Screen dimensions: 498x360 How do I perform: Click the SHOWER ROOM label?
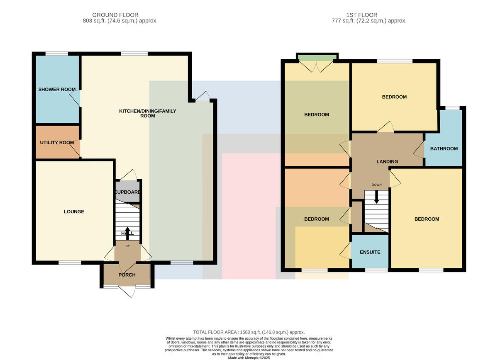[57, 89]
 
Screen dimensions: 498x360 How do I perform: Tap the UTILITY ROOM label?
[57, 142]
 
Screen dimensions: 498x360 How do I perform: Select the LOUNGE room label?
[74, 212]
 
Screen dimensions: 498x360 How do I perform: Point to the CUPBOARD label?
[128, 192]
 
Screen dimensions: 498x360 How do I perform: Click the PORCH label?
[127, 275]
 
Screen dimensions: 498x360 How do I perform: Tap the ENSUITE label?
[370, 252]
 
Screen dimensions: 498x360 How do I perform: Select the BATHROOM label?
[444, 148]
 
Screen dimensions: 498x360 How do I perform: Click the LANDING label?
[387, 162]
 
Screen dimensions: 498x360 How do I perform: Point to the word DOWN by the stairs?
[377, 185]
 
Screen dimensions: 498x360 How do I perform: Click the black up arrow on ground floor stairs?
[127, 234]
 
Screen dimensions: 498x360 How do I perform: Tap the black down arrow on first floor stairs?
[376, 197]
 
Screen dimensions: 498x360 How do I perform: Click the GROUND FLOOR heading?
[115, 15]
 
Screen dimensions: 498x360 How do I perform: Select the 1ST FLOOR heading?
[362, 15]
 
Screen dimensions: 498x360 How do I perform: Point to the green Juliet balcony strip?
[317, 58]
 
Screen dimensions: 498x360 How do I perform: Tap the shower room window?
[57, 54]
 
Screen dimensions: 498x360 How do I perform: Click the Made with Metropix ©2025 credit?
[249, 358]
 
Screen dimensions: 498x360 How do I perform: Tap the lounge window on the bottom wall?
[70, 263]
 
